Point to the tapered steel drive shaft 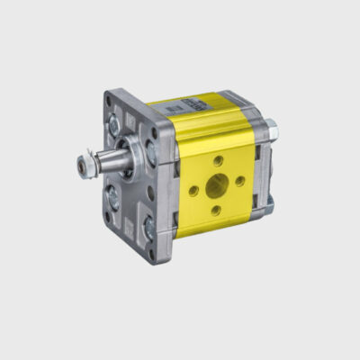[106, 165]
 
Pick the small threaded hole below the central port [216, 211]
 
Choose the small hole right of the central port [239, 182]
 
